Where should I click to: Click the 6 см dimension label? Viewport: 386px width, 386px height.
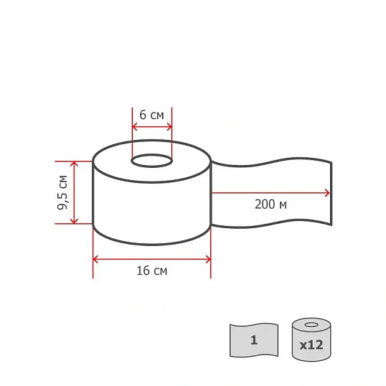tap(151, 115)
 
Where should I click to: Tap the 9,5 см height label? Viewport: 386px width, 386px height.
tap(62, 192)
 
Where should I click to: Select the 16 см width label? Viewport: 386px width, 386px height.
tap(152, 270)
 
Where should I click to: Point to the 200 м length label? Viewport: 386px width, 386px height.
tap(270, 204)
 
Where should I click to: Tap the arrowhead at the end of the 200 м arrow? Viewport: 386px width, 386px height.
tap(327, 193)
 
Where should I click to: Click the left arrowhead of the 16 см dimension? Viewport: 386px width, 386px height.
tap(95, 259)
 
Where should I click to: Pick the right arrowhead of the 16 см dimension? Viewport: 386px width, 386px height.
tap(208, 259)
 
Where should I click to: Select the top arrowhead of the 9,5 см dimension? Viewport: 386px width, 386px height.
tap(74, 164)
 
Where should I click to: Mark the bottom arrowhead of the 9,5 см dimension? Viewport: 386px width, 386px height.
tap(74, 221)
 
